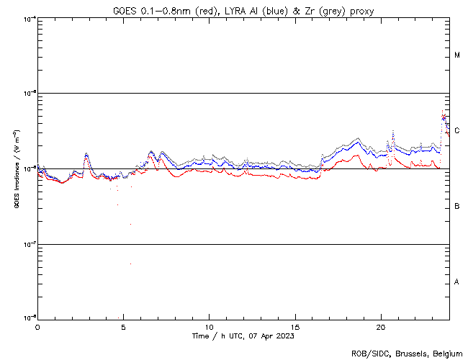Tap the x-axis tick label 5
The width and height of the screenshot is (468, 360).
coord(123,327)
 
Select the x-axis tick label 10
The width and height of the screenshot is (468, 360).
coord(209,327)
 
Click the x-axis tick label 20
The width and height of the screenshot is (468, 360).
coord(381,327)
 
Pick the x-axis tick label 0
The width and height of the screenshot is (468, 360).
coord(37,327)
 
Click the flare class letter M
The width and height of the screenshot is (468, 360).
coord(457,55)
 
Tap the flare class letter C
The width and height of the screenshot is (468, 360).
coord(457,131)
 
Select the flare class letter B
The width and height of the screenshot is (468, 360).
coord(457,207)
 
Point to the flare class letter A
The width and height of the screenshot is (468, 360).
coord(457,282)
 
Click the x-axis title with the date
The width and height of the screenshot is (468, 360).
coord(243,336)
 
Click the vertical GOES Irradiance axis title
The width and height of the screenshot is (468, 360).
coord(16,169)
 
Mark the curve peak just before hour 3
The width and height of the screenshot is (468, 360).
coord(86,153)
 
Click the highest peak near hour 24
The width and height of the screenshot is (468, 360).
coord(443,112)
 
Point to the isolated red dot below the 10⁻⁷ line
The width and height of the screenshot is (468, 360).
coord(130,264)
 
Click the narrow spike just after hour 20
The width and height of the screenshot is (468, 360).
coord(393,132)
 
